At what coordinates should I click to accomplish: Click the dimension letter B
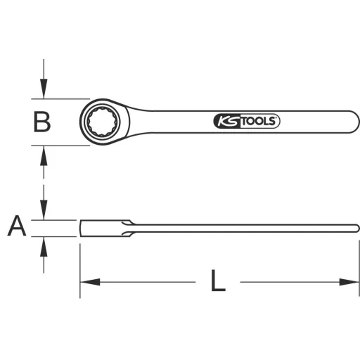pyautogui.click(x=42, y=122)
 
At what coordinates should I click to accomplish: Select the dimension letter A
pyautogui.click(x=17, y=226)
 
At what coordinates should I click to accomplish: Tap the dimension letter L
pyautogui.click(x=219, y=281)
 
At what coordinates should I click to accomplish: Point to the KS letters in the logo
pyautogui.click(x=227, y=122)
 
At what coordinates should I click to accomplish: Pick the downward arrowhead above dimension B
pyautogui.click(x=44, y=91)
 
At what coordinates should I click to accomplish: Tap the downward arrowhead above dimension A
pyautogui.click(x=44, y=212)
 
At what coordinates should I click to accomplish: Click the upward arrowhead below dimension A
pyautogui.click(x=44, y=244)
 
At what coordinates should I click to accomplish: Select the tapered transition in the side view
pyautogui.click(x=129, y=228)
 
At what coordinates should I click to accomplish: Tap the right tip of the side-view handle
pyautogui.click(x=357, y=227)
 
